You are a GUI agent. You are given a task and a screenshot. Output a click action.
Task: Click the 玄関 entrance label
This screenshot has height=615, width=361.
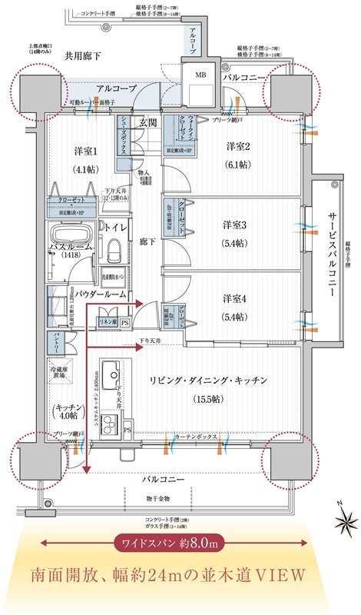pyautogui.click(x=147, y=123)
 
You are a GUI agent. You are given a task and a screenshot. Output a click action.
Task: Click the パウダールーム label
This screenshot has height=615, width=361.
pyautogui.click(x=95, y=294)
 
